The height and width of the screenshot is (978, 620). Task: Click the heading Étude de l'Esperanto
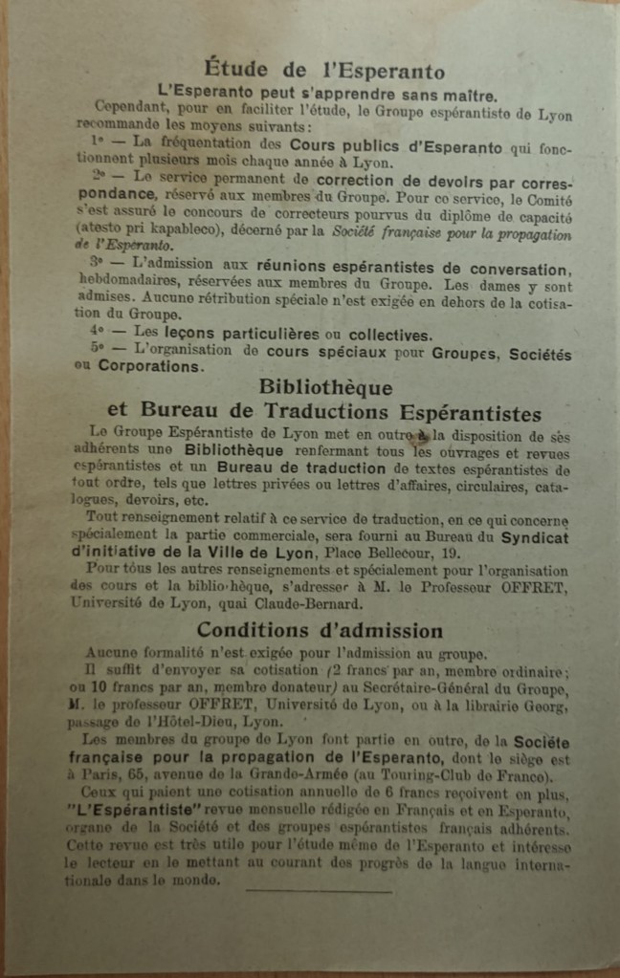click(x=323, y=71)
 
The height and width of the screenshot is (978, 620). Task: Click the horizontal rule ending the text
click(x=318, y=891)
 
